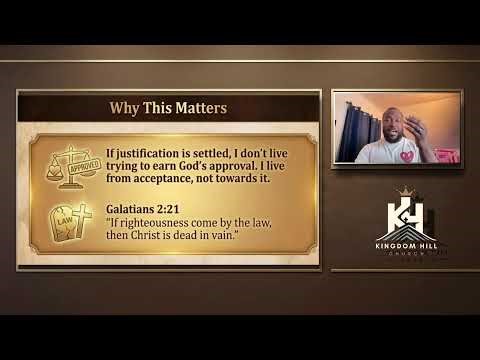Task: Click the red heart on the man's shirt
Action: pyautogui.click(x=407, y=156)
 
